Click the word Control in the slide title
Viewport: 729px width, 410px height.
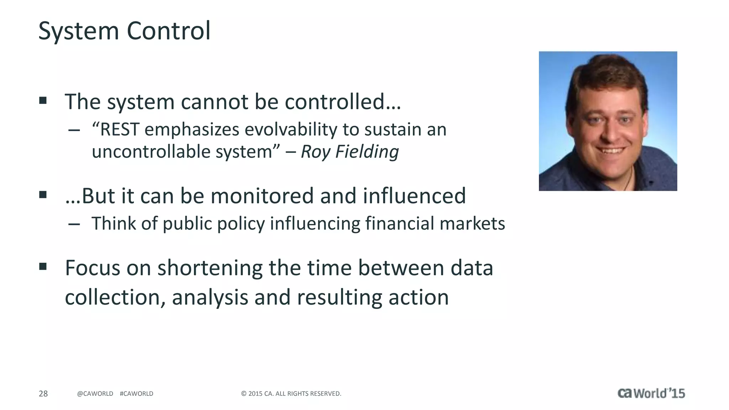(x=168, y=31)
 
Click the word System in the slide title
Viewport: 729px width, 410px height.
(x=78, y=31)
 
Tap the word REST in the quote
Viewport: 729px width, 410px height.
(x=120, y=130)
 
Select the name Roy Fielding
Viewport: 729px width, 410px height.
(x=350, y=152)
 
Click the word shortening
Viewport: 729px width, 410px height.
(x=210, y=268)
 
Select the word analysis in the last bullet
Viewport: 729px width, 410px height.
(x=210, y=298)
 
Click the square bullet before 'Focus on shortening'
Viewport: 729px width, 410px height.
(x=43, y=266)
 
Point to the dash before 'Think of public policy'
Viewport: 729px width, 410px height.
(x=74, y=224)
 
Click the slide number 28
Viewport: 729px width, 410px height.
(x=43, y=393)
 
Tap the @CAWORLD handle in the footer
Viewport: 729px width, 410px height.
(x=95, y=393)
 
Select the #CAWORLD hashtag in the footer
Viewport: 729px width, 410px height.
(x=136, y=393)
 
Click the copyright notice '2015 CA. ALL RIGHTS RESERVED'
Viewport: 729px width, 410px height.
(x=291, y=393)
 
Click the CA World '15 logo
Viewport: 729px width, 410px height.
(x=651, y=393)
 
